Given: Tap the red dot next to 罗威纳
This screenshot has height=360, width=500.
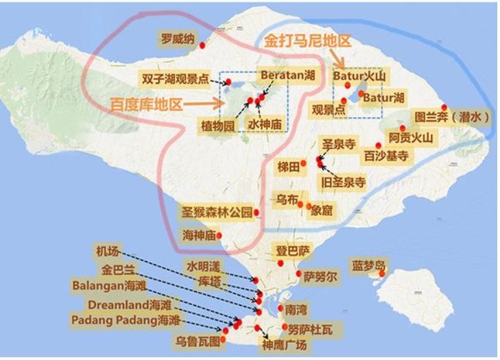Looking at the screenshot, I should click(x=202, y=45).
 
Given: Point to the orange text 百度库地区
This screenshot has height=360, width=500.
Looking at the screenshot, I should click(x=147, y=105).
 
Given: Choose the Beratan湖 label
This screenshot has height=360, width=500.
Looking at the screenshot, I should click(x=287, y=75).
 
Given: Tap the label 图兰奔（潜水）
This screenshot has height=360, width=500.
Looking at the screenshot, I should click(x=451, y=117).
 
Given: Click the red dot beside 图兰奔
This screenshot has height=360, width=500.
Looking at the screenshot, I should click(x=444, y=107).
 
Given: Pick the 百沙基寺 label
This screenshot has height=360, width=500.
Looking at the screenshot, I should click(x=387, y=156).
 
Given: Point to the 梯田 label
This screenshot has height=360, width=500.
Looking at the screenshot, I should click(x=289, y=167).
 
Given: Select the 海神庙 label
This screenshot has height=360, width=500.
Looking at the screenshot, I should click(x=199, y=235).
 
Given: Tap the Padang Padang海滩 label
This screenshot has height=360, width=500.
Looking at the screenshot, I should click(x=126, y=320).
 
